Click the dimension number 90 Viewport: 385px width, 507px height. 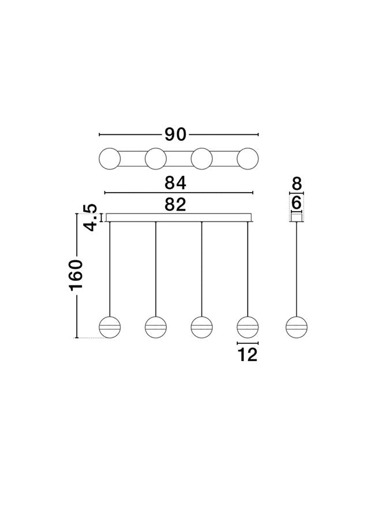[175, 134]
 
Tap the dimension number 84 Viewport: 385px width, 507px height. [175, 183]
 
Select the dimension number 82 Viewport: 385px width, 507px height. [175, 205]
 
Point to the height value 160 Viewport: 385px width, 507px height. [76, 275]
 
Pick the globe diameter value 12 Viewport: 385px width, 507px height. [248, 355]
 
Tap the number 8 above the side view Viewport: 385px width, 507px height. [297, 183]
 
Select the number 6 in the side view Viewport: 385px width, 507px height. [296, 204]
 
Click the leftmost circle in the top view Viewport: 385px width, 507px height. [110, 159]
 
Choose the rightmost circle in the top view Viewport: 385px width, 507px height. [248, 159]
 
